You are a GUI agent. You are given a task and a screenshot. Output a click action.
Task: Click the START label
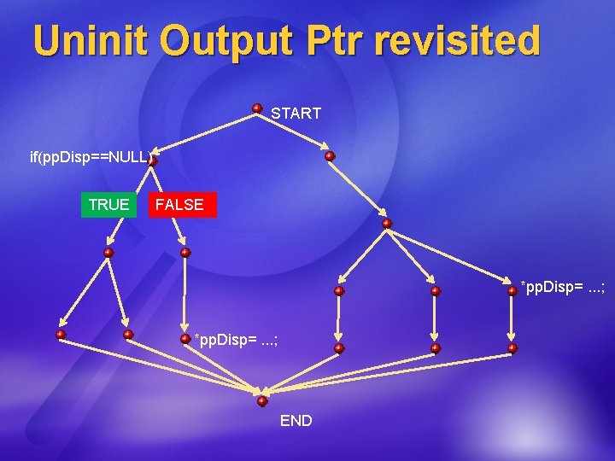coord(296,114)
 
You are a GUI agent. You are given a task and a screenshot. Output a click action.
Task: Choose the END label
coord(296,421)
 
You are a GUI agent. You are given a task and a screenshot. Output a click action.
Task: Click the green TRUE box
coord(108,205)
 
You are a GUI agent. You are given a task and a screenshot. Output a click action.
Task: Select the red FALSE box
coord(180,205)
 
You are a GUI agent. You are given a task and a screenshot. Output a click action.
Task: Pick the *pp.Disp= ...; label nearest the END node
coord(236,340)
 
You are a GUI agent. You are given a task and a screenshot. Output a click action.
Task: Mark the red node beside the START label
coord(257,108)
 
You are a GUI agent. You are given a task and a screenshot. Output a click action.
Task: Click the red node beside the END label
coord(262,400)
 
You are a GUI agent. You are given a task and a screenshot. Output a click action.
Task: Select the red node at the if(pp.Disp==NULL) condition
coord(152,160)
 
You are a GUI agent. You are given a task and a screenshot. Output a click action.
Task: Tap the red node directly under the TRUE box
coord(108,253)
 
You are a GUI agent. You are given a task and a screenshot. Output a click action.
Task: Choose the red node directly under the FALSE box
coord(185,253)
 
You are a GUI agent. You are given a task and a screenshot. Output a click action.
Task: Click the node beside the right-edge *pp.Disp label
coord(512,290)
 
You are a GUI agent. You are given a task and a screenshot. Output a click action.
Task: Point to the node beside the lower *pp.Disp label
coord(185,338)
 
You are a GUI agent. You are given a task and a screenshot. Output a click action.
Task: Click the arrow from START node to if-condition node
coord(205,134)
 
